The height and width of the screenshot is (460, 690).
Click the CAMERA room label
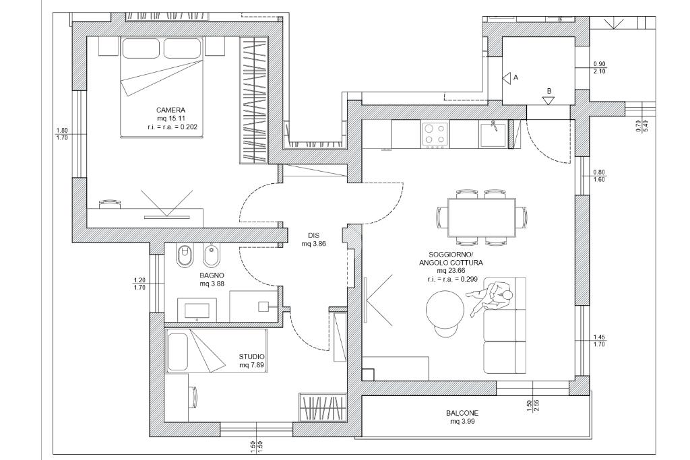170,110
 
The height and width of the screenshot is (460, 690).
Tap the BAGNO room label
212,275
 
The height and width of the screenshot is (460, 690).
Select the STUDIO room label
252,357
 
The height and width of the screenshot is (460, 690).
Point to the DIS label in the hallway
314,236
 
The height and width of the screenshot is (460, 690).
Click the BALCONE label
462,414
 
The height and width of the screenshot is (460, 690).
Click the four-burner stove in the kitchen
435,134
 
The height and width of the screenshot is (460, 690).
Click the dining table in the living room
481,218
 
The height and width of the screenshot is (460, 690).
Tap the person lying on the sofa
491,298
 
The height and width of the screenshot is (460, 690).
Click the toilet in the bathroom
185,255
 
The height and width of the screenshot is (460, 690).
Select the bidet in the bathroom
212,255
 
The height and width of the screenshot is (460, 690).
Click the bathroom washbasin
197,310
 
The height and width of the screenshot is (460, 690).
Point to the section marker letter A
516,77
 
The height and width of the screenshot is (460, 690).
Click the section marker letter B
549,91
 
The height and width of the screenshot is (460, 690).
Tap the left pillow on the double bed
142,48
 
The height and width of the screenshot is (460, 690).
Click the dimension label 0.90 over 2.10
599,67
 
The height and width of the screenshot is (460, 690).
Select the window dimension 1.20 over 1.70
139,284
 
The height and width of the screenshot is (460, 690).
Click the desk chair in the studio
193,397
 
